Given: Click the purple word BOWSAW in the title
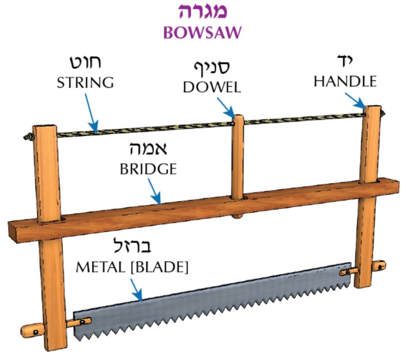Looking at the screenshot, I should tap(202, 32).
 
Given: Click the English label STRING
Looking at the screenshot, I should tap(86, 83).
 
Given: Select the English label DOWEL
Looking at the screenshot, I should tap(212, 88).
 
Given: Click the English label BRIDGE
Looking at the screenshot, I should tap(148, 170).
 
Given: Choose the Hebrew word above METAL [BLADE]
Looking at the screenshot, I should tap(132, 247).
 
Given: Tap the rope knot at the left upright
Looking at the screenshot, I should tap(28, 137).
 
